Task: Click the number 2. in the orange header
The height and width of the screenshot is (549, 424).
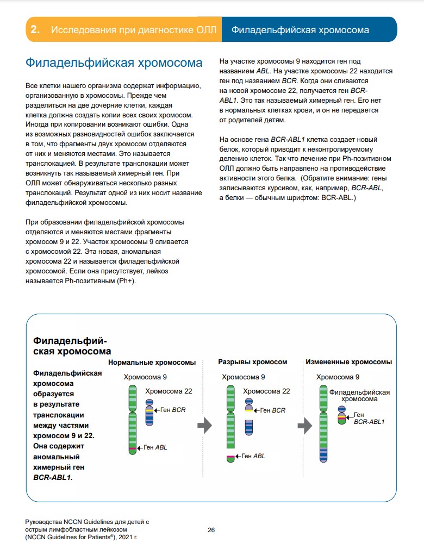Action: (36, 30)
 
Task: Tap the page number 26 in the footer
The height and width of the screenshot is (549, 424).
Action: (212, 529)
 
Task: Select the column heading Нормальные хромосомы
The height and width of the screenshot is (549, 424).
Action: (152, 362)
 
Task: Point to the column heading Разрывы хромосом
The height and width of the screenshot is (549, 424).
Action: (252, 362)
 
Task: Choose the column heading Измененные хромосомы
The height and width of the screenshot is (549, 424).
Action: (349, 362)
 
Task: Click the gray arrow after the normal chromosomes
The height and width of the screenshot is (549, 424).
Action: (204, 426)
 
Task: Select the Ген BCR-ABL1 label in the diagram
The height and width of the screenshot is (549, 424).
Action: (369, 418)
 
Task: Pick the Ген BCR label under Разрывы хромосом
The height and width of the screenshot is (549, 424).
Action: (272, 410)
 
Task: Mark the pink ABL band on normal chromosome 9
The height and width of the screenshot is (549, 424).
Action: (132, 448)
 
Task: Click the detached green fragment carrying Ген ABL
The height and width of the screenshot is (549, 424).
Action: (230, 457)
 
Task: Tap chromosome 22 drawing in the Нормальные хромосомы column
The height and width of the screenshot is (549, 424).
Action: (149, 413)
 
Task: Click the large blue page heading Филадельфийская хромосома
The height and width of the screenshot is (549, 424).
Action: (114, 62)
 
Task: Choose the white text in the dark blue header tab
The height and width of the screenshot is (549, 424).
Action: (300, 30)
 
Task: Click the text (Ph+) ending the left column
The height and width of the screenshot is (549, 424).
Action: (127, 282)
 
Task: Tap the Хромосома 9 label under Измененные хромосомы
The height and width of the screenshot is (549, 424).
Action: (338, 377)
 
